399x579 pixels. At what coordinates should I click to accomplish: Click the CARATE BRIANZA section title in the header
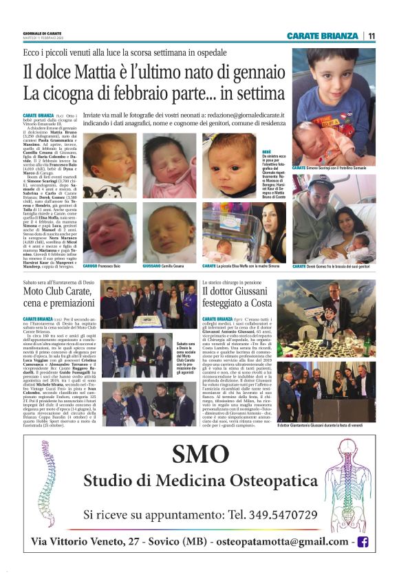coord(323,36)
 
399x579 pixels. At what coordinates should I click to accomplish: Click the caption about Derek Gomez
coord(335,266)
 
